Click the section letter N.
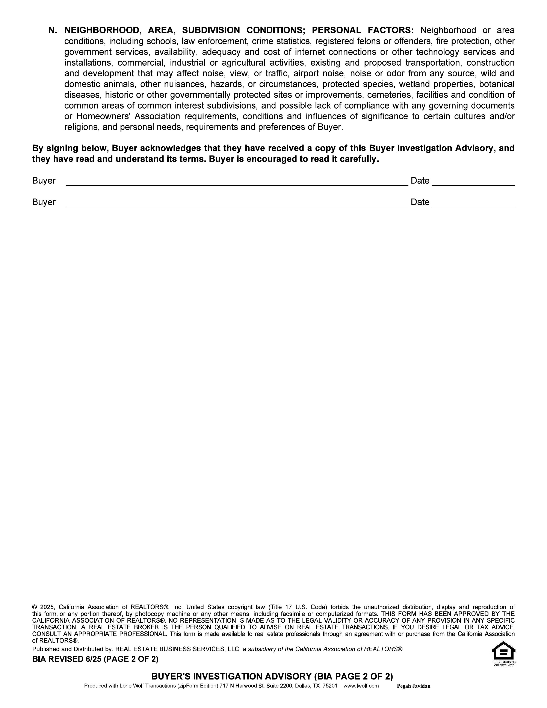pyautogui.click(x=52, y=30)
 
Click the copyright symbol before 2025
pyautogui.click(x=34, y=607)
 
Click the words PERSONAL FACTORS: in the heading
pyautogui.click(x=363, y=30)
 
